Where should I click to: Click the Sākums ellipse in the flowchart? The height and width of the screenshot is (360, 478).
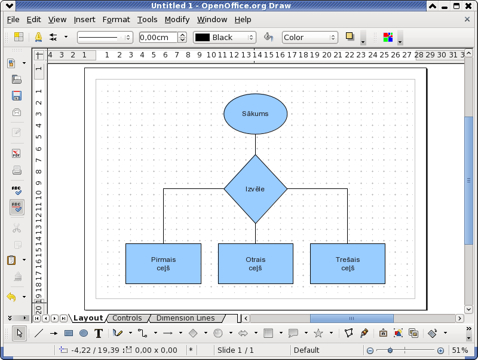[256, 114]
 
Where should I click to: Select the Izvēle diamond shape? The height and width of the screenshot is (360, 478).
[256, 189]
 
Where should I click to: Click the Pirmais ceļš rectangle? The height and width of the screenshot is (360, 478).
[163, 264]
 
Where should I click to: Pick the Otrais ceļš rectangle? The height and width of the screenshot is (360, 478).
[256, 264]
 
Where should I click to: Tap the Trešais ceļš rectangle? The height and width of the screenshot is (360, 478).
[348, 264]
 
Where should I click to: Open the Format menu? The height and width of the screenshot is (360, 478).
[116, 20]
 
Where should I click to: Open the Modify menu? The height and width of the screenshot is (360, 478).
[177, 20]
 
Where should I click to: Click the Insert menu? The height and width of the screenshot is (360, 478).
[84, 20]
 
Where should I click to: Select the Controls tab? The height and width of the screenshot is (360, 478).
[127, 318]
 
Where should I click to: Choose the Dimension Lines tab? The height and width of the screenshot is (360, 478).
[186, 318]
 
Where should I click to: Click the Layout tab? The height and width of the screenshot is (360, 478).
[88, 318]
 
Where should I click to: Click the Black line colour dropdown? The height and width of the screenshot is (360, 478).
[225, 37]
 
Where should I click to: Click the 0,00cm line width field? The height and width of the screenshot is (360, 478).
[158, 37]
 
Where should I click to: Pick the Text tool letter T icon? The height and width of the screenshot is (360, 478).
[99, 333]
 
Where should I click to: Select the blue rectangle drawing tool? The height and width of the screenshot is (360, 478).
[69, 333]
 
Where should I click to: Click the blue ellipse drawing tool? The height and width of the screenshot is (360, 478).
[84, 333]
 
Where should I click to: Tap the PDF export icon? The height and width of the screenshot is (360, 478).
[17, 153]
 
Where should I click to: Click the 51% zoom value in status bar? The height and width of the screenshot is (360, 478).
[460, 350]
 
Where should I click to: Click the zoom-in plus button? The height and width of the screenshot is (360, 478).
[440, 350]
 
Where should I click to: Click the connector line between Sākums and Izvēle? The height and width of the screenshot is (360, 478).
[256, 144]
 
